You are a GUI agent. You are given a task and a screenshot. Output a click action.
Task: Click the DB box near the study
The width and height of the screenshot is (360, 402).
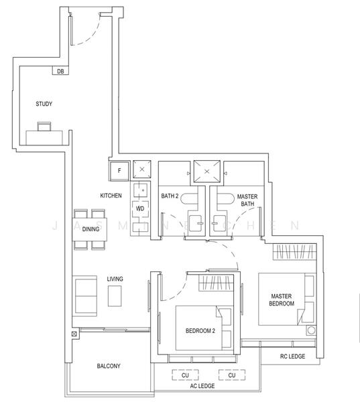point(60,70)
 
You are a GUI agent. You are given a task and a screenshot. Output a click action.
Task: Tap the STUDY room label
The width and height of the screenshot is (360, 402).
point(44,104)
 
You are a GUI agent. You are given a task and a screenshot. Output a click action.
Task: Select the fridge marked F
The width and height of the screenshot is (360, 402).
point(119,171)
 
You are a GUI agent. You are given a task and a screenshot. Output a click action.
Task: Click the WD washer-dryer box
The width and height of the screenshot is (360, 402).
point(140,208)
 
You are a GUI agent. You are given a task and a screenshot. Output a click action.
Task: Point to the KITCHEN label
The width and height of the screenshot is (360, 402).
point(111,196)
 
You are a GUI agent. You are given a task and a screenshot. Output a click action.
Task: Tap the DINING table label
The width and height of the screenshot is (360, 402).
point(91,229)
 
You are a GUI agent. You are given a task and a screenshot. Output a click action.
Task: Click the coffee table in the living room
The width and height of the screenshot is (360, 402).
point(115,296)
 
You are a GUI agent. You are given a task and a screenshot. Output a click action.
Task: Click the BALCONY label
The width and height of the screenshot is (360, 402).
point(109,366)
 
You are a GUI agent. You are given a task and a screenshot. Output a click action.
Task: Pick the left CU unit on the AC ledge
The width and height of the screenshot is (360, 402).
point(185,375)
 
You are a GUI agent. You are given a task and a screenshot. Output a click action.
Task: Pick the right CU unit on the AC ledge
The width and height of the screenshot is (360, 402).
point(232,375)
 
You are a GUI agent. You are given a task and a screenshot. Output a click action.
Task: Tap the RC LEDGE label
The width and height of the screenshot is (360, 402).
point(292,356)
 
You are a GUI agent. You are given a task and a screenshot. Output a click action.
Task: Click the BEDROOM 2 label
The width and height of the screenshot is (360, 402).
point(200,331)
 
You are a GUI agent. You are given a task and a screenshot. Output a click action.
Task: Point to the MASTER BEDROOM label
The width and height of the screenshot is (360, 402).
point(282,299)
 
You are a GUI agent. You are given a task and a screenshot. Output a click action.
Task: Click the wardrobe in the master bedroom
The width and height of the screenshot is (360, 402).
point(294,252)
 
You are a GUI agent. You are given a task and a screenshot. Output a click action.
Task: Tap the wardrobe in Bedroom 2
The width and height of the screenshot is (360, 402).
point(216,283)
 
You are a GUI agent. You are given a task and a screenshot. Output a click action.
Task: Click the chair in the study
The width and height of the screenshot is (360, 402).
point(44,127)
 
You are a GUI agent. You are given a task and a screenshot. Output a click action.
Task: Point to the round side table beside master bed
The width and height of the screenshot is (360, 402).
point(311,330)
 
